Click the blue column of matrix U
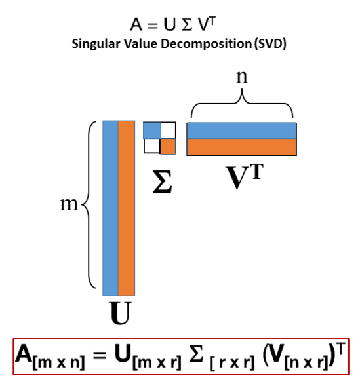pyautogui.click(x=110, y=208)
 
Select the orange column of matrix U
pyautogui.click(x=127, y=208)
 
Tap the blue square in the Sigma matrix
pyautogui.click(x=152, y=130)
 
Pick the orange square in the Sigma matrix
pyautogui.click(x=168, y=146)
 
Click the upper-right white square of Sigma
pyautogui.click(x=169, y=130)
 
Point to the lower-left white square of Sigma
pyautogui.click(x=152, y=146)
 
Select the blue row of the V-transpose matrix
pyautogui.click(x=241, y=130)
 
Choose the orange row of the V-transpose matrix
pyautogui.click(x=241, y=147)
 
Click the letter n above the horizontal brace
pyautogui.click(x=242, y=77)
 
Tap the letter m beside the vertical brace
pyautogui.click(x=69, y=204)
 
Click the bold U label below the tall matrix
pyautogui.click(x=120, y=313)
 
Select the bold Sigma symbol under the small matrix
pyautogui.click(x=163, y=182)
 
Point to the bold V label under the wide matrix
pyautogui.click(x=237, y=178)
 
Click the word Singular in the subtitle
pyautogui.click(x=96, y=45)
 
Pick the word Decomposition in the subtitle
pyautogui.click(x=206, y=45)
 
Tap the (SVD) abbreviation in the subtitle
pyautogui.click(x=270, y=45)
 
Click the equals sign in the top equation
pyautogui.click(x=152, y=26)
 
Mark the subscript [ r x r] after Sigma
pyautogui.click(x=232, y=362)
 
